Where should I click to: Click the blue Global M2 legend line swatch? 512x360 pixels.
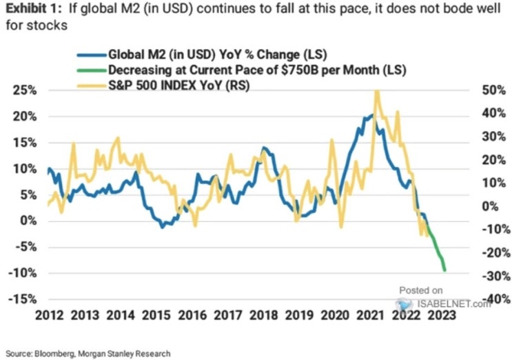point(92,55)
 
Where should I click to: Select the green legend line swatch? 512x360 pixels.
point(92,70)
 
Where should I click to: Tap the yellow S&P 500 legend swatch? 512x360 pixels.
point(92,86)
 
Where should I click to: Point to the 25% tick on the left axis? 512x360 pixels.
point(25,90)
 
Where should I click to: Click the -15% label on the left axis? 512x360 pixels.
point(22,299)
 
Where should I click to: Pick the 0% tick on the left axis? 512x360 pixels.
point(28,221)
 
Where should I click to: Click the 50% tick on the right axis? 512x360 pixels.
point(493,90)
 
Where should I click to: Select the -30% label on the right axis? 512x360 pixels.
point(496,276)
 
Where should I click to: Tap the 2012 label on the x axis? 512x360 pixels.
point(50,315)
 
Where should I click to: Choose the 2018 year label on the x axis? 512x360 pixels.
point(263,315)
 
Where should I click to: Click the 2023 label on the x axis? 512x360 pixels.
point(442,315)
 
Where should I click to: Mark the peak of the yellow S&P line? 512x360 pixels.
point(377,92)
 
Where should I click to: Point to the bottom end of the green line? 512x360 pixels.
point(444,270)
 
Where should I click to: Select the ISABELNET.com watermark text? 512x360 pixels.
point(454,304)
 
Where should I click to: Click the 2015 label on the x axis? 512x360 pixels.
point(156,315)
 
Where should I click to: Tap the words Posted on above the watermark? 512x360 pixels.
point(421,290)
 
